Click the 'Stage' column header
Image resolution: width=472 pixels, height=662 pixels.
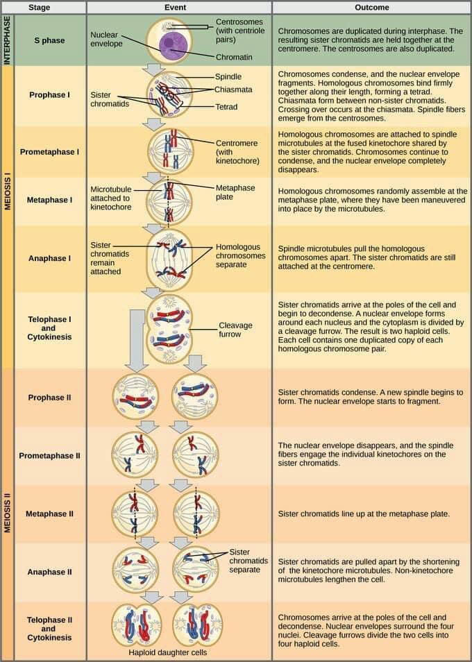50,7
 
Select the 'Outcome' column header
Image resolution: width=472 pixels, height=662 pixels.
371,7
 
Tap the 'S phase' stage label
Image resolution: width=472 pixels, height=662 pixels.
49,40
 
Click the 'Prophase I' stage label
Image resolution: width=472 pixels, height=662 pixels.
50,94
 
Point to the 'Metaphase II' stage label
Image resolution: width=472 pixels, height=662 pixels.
49,514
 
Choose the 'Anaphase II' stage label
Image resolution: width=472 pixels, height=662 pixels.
49,572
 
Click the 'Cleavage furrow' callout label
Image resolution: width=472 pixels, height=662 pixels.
235,330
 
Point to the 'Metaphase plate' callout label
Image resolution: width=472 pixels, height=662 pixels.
235,192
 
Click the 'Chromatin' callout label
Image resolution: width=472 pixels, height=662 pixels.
234,57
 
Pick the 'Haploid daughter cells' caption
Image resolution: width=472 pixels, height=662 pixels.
167,652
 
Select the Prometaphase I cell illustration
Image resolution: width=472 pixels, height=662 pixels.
170,151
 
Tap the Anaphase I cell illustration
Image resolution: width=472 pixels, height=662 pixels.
169,258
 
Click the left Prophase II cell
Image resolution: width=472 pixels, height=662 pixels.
136,396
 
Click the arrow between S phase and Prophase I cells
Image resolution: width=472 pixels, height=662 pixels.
152,69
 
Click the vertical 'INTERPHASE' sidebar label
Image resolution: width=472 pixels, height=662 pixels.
8,40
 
